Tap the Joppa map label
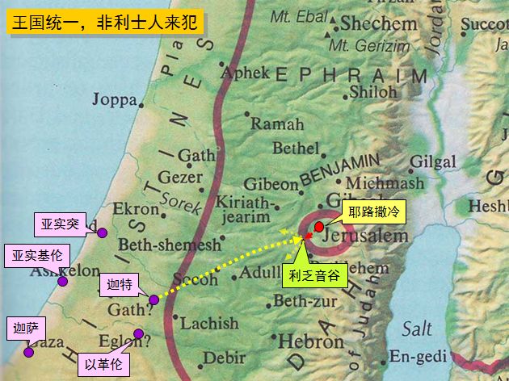click(116, 99)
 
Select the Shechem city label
click(378, 23)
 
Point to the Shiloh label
click(372, 91)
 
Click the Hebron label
click(311, 341)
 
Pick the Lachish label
click(208, 324)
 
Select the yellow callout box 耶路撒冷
click(372, 211)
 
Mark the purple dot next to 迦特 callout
click(154, 300)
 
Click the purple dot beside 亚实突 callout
click(103, 232)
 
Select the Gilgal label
click(433, 161)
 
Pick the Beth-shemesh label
click(169, 245)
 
